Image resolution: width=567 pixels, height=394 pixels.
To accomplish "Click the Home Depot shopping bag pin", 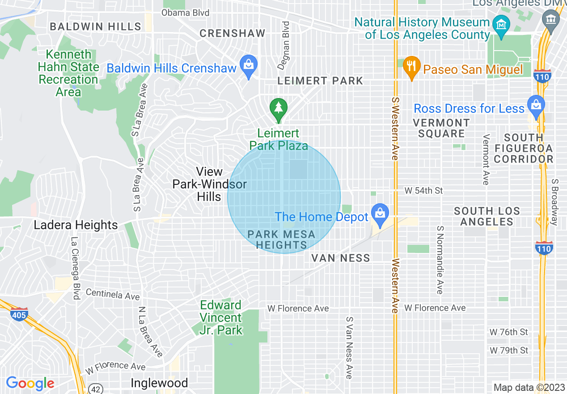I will (380, 214).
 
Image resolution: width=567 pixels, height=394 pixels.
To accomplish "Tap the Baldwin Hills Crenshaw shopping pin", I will (249, 65).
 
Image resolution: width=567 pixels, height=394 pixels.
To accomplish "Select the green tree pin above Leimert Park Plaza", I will (279, 109).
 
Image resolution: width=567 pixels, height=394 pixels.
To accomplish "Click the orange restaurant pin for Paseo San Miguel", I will (410, 66).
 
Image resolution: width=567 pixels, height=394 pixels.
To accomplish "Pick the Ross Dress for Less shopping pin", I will (535, 105).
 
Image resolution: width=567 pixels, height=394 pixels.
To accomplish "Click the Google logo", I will (30, 383).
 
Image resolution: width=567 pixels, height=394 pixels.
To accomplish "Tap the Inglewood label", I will (159, 383).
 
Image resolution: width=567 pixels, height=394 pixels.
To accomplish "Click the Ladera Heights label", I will (76, 225).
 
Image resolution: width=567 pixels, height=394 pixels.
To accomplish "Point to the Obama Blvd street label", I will (185, 13).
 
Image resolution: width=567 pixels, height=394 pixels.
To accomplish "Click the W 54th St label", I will (423, 191).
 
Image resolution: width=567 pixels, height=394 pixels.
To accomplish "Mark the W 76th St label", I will (509, 332).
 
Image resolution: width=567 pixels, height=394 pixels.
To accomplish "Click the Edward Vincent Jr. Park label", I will (221, 318).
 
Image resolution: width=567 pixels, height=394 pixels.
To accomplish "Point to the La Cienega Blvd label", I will (76, 268).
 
